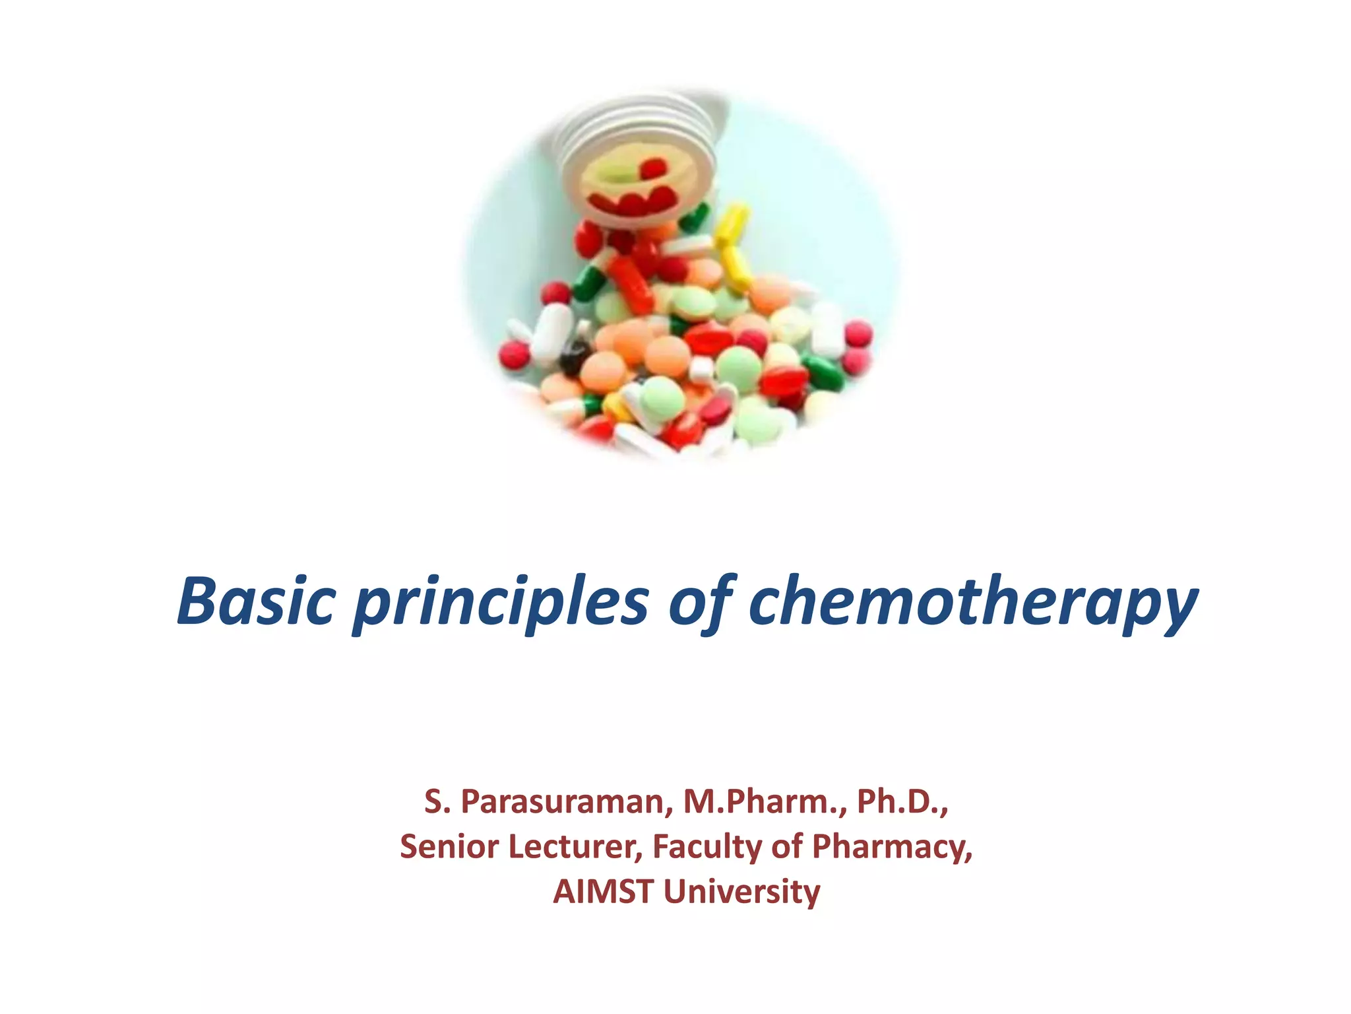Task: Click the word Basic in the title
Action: pyautogui.click(x=257, y=601)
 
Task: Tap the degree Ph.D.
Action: pyautogui.click(x=901, y=801)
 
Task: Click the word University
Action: pyautogui.click(x=741, y=891)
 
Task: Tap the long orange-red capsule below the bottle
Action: pyautogui.click(x=630, y=284)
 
